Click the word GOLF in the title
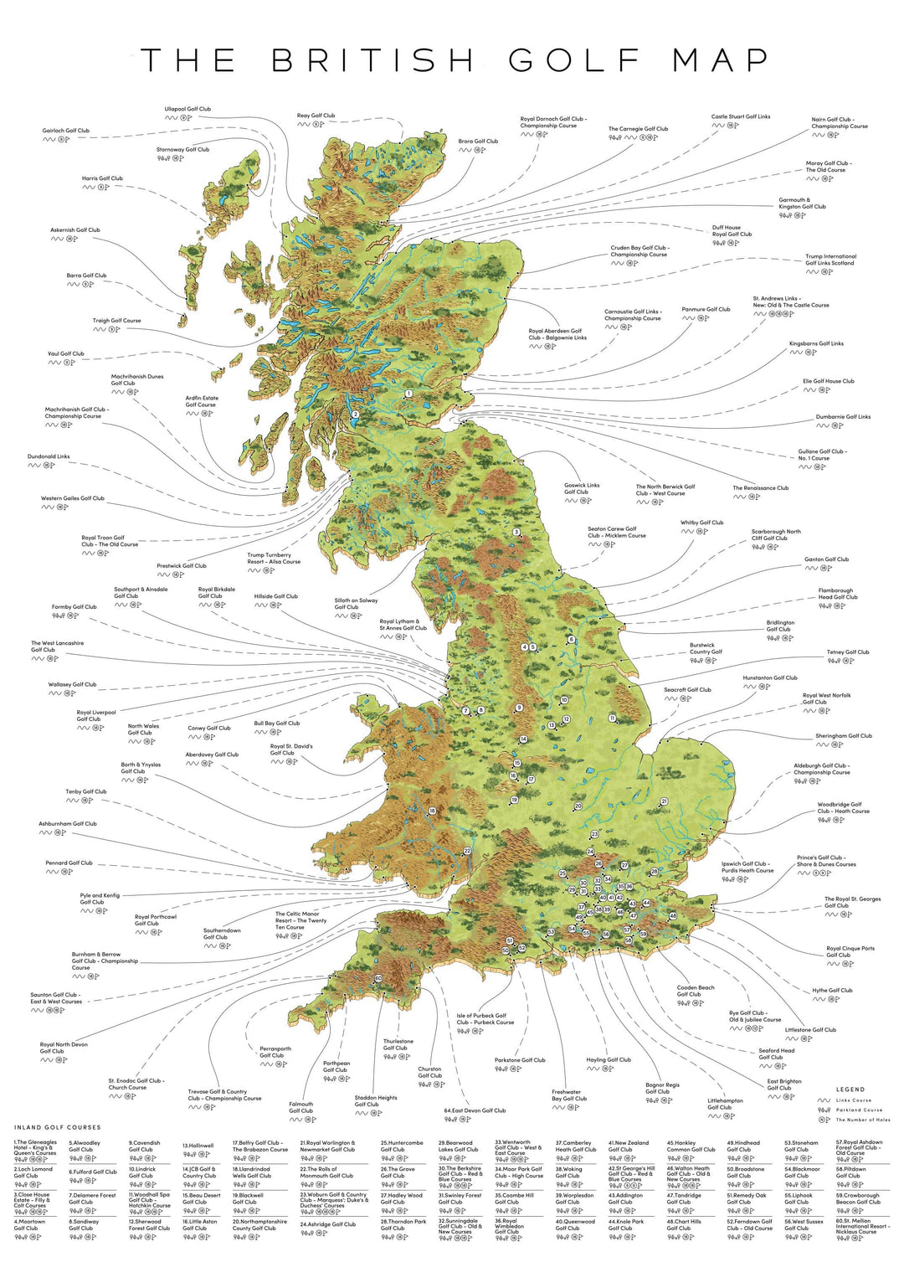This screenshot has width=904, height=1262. (574, 60)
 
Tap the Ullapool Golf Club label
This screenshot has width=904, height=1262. (187, 109)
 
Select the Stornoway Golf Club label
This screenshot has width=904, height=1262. (182, 150)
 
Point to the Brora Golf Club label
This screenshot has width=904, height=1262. (478, 142)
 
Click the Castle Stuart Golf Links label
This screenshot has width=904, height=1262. (741, 117)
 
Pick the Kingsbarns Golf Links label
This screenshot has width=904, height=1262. (816, 343)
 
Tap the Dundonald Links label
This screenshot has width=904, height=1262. (49, 457)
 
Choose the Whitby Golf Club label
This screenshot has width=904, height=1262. (701, 523)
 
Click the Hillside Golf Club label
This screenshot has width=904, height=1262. (275, 596)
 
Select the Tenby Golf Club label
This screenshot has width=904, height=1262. (86, 791)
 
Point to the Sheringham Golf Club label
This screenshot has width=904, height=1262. (844, 736)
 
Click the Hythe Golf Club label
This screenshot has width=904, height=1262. (832, 991)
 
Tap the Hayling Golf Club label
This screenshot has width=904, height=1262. (609, 1060)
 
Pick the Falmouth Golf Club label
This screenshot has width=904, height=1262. (301, 1107)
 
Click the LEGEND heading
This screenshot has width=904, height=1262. (850, 1089)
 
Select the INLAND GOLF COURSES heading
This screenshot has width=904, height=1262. (57, 1127)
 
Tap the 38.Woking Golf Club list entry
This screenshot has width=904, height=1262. (569, 1172)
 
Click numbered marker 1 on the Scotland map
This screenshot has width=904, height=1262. (408, 394)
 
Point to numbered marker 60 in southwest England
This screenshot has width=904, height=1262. (378, 978)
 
